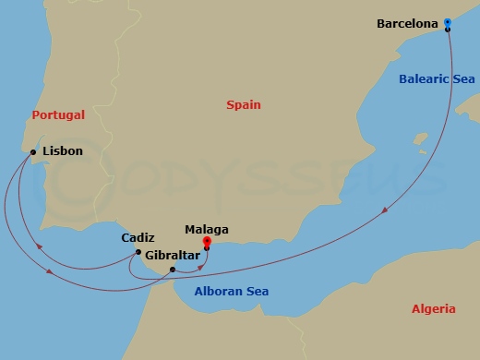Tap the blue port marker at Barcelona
click(x=447, y=22)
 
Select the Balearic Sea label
click(x=437, y=79)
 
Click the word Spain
click(x=244, y=105)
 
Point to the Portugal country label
click(x=58, y=115)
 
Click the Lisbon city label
click(x=63, y=150)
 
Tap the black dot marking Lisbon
click(x=33, y=152)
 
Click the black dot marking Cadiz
click(x=138, y=252)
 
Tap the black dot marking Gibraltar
click(x=173, y=270)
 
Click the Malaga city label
click(x=207, y=230)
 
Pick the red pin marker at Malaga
click(x=206, y=244)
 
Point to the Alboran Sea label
click(x=231, y=292)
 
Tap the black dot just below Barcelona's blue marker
click(x=448, y=30)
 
